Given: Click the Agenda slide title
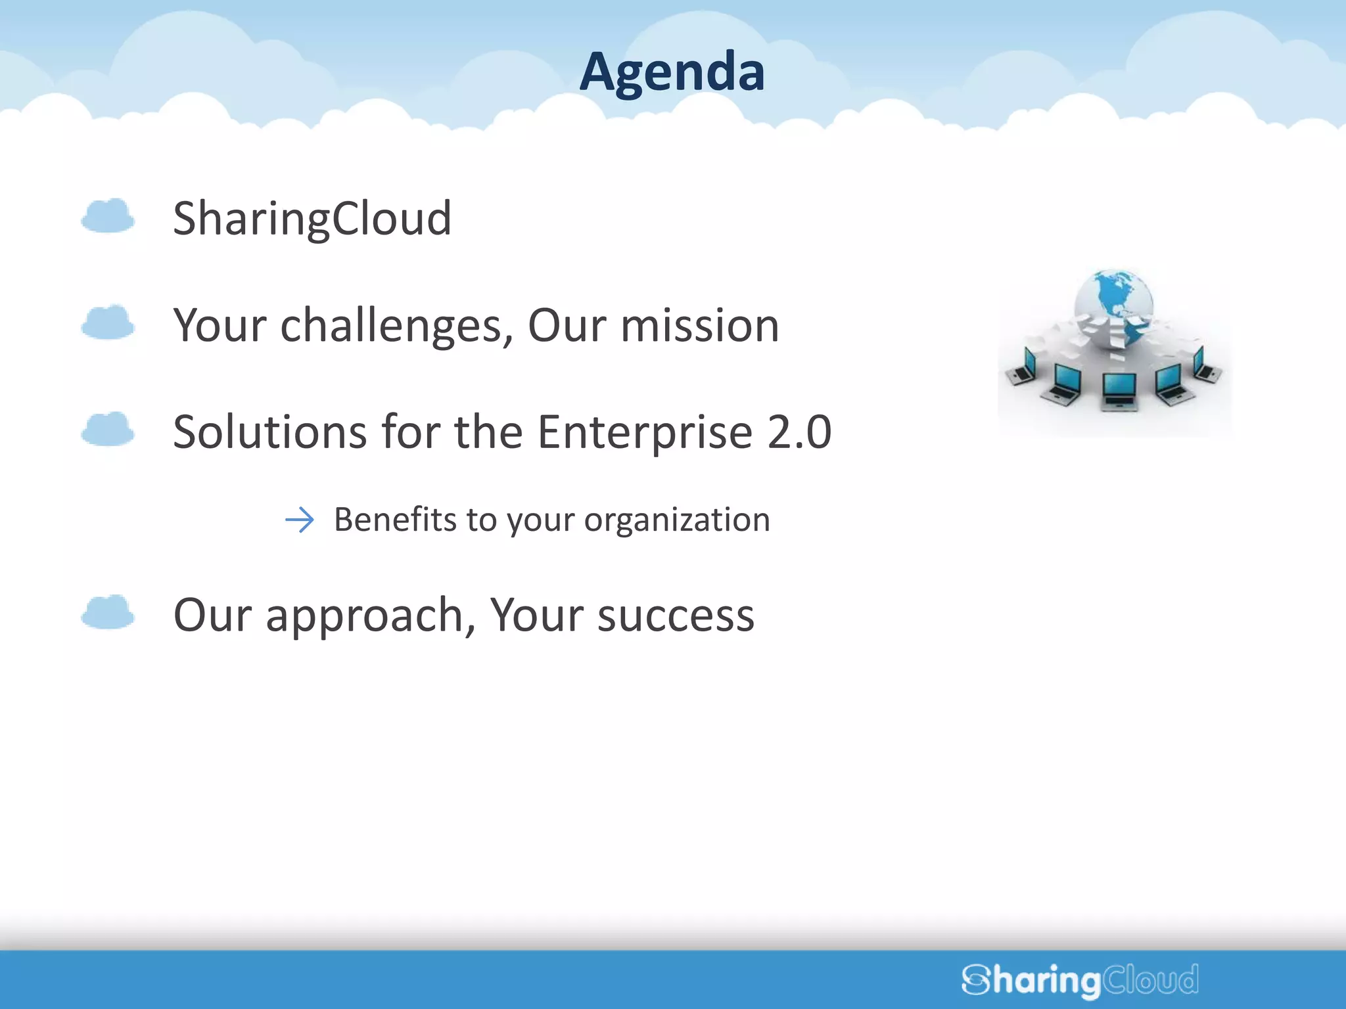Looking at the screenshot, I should tap(672, 72).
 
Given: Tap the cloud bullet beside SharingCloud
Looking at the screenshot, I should tap(108, 216).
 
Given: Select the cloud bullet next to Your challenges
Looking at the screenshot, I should tap(108, 323).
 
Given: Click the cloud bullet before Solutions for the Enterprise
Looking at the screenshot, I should tap(108, 430).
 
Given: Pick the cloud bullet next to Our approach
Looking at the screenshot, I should tap(108, 612).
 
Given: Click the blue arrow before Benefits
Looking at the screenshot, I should tap(300, 520).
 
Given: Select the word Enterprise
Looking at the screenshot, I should tap(645, 433).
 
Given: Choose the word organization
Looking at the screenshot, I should tap(677, 521).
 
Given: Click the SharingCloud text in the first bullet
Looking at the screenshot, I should tap(312, 219).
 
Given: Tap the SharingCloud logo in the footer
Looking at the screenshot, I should tap(1080, 979).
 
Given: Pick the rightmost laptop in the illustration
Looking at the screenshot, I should tap(1207, 367).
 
